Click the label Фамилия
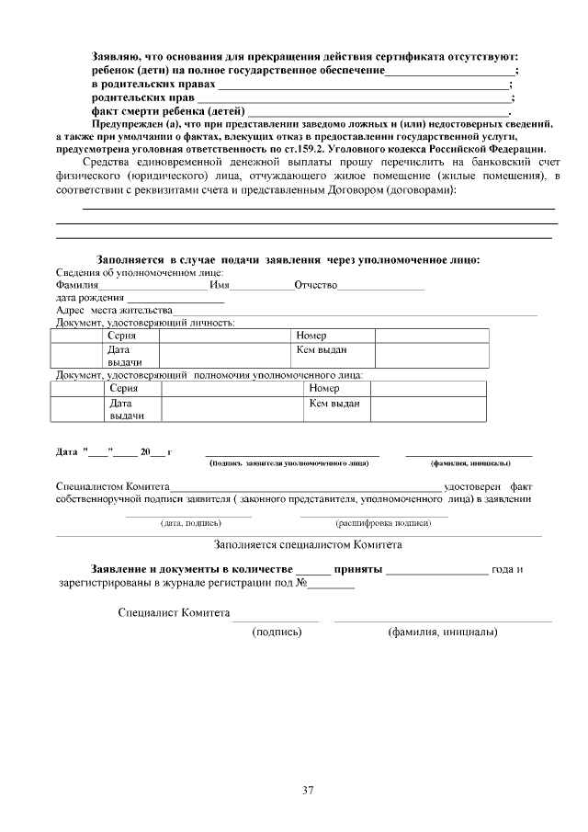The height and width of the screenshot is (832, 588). click(77, 286)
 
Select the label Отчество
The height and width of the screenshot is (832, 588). click(316, 286)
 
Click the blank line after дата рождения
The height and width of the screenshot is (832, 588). click(175, 299)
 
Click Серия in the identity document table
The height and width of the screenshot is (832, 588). click(122, 336)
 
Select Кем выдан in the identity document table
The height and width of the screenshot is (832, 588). click(322, 350)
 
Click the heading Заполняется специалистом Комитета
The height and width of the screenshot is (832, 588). click(308, 544)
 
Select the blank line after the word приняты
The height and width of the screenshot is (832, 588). click(437, 569)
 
